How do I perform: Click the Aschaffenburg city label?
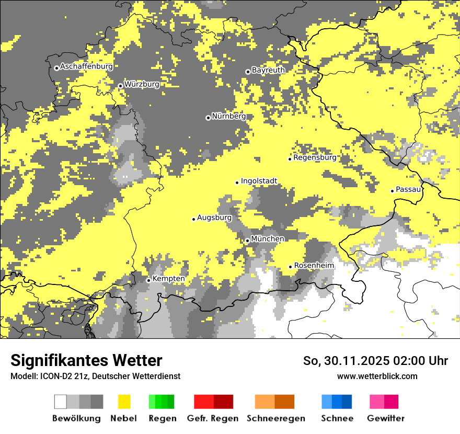86,67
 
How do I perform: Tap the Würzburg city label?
142,84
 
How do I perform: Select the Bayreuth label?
268,70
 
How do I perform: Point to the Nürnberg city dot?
208,118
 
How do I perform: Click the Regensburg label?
315,157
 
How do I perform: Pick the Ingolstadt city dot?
237,182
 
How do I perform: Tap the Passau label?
408,189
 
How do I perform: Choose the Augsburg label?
214,218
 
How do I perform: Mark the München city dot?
247,241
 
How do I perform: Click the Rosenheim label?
314,266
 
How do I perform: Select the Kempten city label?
168,279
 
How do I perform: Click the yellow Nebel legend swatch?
124,402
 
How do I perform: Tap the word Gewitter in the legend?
386,418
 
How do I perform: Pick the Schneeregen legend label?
276,418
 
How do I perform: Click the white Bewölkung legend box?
61,402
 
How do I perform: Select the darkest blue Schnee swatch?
347,402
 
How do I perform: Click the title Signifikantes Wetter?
86,360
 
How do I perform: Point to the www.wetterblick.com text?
377,376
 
